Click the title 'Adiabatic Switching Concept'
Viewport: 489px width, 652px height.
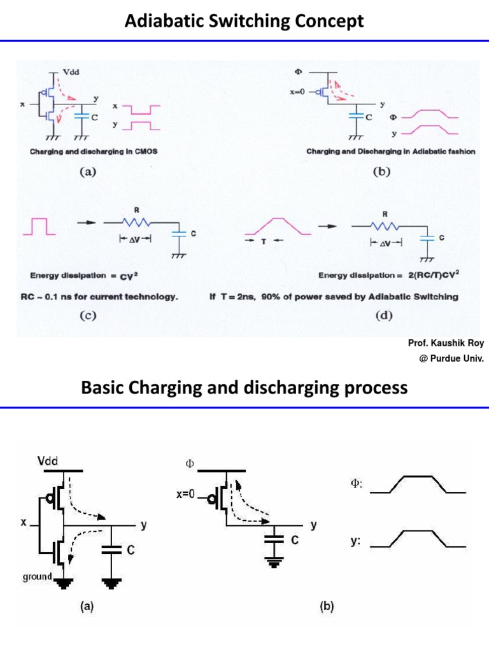click(x=244, y=21)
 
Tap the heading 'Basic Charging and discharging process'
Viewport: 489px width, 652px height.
click(x=244, y=387)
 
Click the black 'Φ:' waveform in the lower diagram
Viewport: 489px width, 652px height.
click(x=418, y=485)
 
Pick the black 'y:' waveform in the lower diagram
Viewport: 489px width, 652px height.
click(x=418, y=539)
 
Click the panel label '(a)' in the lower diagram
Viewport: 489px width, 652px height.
click(x=87, y=607)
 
